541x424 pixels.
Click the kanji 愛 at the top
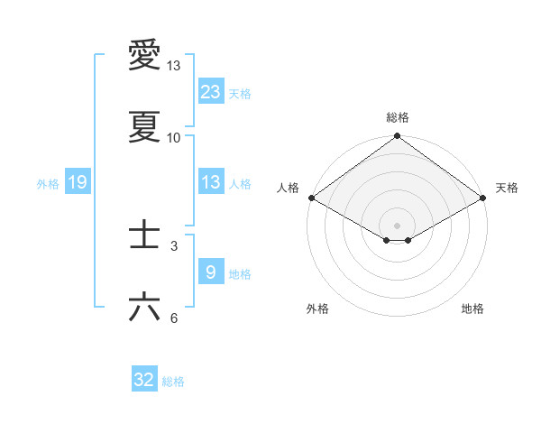(144, 56)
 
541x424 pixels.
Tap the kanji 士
(144, 235)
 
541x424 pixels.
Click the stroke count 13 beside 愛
(174, 66)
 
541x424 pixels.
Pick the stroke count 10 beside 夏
(174, 138)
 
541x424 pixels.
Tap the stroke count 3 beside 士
(174, 245)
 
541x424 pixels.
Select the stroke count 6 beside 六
(174, 318)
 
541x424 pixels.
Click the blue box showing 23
(211, 91)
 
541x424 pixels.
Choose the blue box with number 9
(211, 272)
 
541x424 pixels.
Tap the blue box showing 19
(78, 182)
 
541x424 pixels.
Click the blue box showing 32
(144, 380)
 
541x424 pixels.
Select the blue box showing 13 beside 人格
(211, 182)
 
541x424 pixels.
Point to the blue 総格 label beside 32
(173, 382)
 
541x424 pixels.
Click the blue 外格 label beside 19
(48, 184)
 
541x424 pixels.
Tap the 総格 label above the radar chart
(398, 117)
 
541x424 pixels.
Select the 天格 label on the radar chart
(507, 188)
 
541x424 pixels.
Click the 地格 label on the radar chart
(472, 309)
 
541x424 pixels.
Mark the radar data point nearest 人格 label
(311, 198)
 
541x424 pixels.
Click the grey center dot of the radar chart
(397, 224)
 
